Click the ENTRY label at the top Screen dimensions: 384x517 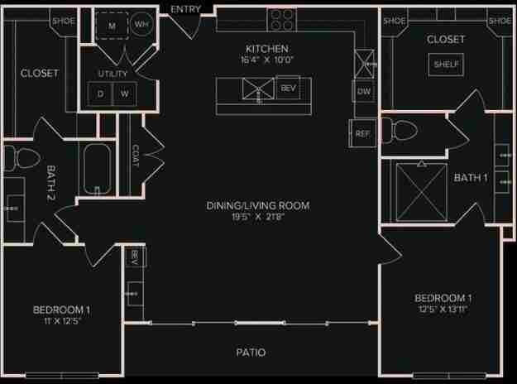click(186, 8)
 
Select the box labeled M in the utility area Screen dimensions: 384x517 click(111, 26)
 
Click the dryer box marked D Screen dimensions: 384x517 click(101, 94)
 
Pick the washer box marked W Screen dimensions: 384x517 click(124, 94)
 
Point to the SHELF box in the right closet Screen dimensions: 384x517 click(445, 65)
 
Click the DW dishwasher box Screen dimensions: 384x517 click(363, 91)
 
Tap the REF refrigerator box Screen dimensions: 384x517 click(361, 132)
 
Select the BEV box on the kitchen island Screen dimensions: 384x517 click(287, 88)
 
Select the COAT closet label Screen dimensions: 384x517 click(136, 155)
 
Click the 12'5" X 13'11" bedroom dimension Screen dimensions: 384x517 click(443, 310)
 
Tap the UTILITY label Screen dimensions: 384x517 click(112, 74)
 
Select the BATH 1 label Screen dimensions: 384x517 click(470, 177)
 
